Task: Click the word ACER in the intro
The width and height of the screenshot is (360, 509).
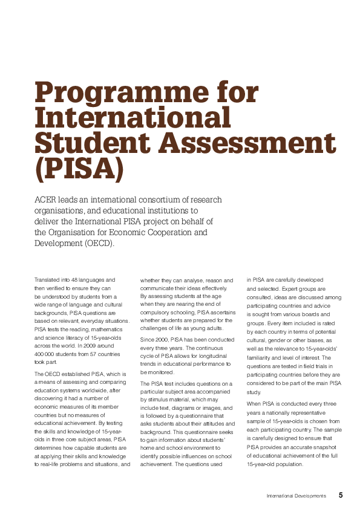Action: pos(47,200)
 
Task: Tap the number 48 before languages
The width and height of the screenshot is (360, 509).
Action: pos(76,280)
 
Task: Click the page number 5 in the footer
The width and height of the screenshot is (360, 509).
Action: pos(341,495)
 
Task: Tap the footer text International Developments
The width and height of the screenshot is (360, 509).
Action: pos(296,496)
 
